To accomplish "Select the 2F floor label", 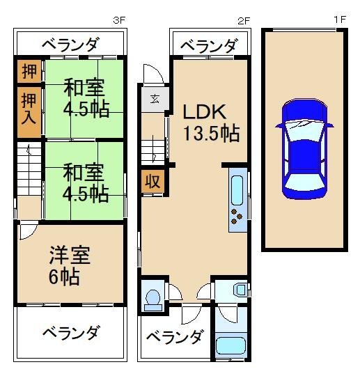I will [x=243, y=20].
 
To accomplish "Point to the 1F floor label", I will [x=339, y=20].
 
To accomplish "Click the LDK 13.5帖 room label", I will [x=211, y=122].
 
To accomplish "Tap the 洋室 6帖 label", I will [x=68, y=265].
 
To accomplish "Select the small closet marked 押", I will [x=29, y=71].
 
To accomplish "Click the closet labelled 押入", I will [x=29, y=108].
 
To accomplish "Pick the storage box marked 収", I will [x=152, y=182].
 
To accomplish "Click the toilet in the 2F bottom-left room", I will [x=152, y=297].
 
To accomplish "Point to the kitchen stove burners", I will [x=237, y=219].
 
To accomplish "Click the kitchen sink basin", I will [x=237, y=189].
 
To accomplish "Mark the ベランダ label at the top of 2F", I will [x=208, y=46].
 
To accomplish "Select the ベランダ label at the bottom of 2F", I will [x=175, y=338].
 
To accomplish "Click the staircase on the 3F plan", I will [x=29, y=173].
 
